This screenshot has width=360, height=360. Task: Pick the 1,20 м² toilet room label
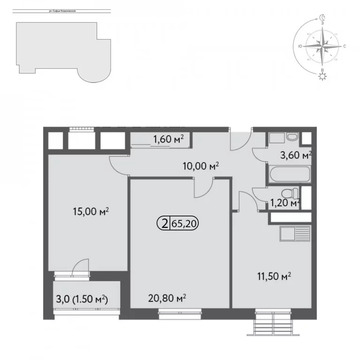coord(288,203)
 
